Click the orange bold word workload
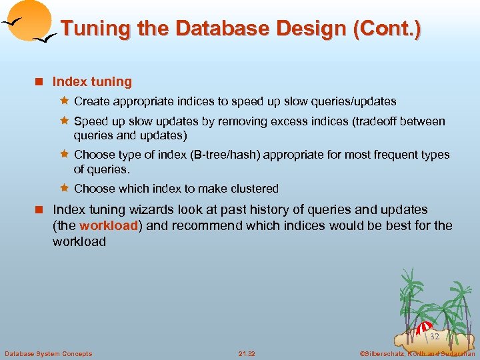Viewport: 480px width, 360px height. [x=109, y=225]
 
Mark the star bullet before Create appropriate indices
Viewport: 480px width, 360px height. [x=65, y=101]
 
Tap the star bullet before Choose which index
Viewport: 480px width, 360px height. [x=65, y=188]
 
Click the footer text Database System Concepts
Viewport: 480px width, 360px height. [x=48, y=353]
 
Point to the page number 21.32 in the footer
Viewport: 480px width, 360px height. [x=247, y=353]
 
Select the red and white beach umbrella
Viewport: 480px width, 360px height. [x=423, y=328]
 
